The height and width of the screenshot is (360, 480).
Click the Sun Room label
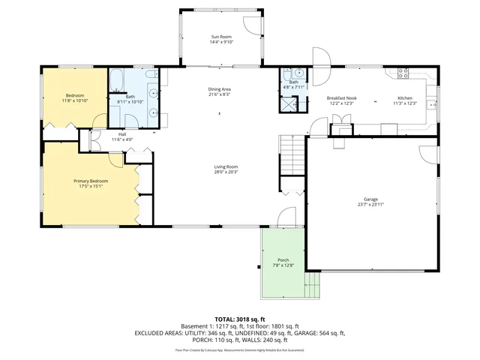(220, 36)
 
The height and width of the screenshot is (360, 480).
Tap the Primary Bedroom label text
(90, 181)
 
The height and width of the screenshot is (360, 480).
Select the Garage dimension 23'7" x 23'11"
(370, 205)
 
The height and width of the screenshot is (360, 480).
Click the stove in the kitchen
(403, 73)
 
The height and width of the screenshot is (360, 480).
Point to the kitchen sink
(433, 104)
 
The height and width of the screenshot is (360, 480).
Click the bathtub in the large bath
(118, 79)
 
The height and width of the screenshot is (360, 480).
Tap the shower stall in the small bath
(289, 103)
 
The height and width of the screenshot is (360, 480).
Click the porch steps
(313, 283)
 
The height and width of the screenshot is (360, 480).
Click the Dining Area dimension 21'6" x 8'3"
(220, 95)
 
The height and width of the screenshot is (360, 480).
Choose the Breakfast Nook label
(341, 97)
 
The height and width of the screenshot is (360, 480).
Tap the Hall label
(121, 134)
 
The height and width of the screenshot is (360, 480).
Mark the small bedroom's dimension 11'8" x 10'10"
(75, 100)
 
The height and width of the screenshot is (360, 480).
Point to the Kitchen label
(404, 97)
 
